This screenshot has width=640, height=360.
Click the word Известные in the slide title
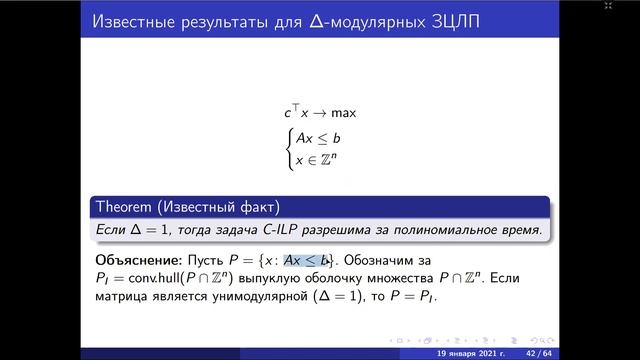(130, 21)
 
